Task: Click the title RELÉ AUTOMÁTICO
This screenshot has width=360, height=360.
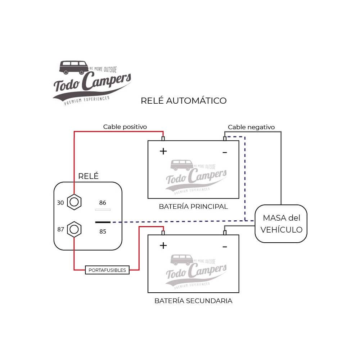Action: tap(184, 100)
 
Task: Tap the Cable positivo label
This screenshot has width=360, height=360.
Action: tap(125, 127)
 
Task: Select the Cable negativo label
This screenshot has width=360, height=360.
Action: tap(251, 127)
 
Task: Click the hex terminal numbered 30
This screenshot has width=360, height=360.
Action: tap(74, 203)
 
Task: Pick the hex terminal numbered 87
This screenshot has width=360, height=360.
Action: tap(74, 229)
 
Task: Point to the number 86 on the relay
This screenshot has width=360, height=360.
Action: tap(103, 203)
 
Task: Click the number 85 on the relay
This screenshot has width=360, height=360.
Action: tap(103, 231)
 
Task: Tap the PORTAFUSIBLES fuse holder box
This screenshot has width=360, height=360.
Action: tap(107, 270)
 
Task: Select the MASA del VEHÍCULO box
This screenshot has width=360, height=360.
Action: tap(281, 224)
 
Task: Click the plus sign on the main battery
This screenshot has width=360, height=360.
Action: tap(163, 151)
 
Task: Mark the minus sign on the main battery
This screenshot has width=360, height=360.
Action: tap(225, 153)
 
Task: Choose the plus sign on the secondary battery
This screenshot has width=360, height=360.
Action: tap(163, 246)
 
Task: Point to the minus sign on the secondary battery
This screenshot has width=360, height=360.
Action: tap(225, 247)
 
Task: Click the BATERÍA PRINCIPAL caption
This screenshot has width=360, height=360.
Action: tap(193, 207)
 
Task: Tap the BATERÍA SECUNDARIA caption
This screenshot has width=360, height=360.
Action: tap(193, 301)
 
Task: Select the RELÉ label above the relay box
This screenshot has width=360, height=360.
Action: tap(88, 176)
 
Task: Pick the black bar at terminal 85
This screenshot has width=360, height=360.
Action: tap(103, 222)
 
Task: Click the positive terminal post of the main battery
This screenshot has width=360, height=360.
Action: tap(163, 139)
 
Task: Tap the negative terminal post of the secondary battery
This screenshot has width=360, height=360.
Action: tap(225, 233)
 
